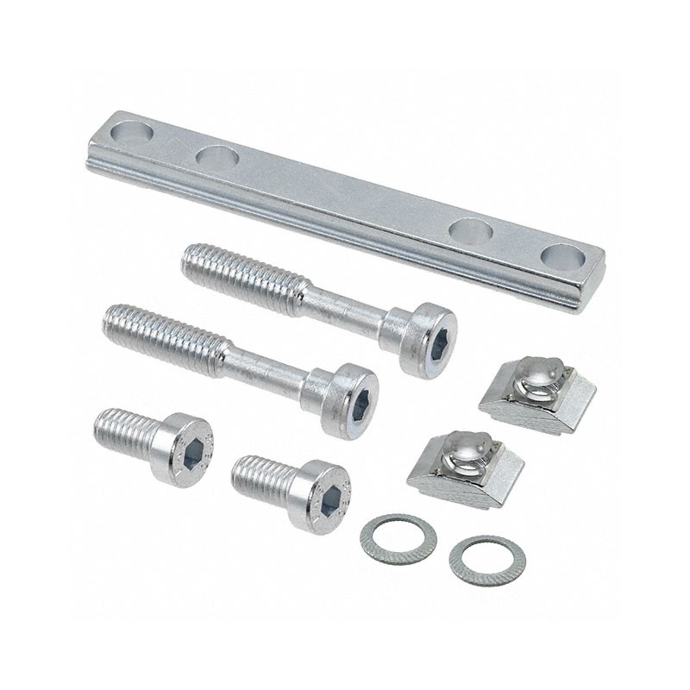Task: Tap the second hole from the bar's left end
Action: coord(216,159)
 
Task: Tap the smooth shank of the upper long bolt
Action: coord(345,306)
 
